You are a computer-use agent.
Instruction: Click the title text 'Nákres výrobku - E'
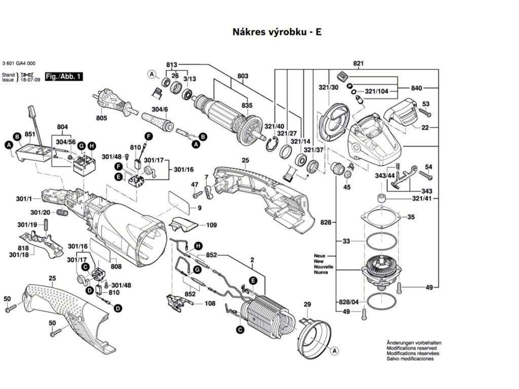(x=277, y=32)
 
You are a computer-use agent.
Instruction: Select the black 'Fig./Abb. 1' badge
(x=63, y=76)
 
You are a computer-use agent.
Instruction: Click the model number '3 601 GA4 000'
(x=19, y=64)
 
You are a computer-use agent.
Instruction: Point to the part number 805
(x=101, y=118)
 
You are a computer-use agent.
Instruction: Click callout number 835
(x=247, y=105)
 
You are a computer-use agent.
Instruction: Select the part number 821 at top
(x=359, y=63)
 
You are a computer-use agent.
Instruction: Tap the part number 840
(x=417, y=88)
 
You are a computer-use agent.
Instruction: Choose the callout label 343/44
(x=384, y=175)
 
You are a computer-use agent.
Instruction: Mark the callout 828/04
(x=349, y=302)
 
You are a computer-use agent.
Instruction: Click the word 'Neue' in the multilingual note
(x=320, y=256)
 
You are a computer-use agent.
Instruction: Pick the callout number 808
(x=116, y=266)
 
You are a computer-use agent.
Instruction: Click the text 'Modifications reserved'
(x=411, y=348)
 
